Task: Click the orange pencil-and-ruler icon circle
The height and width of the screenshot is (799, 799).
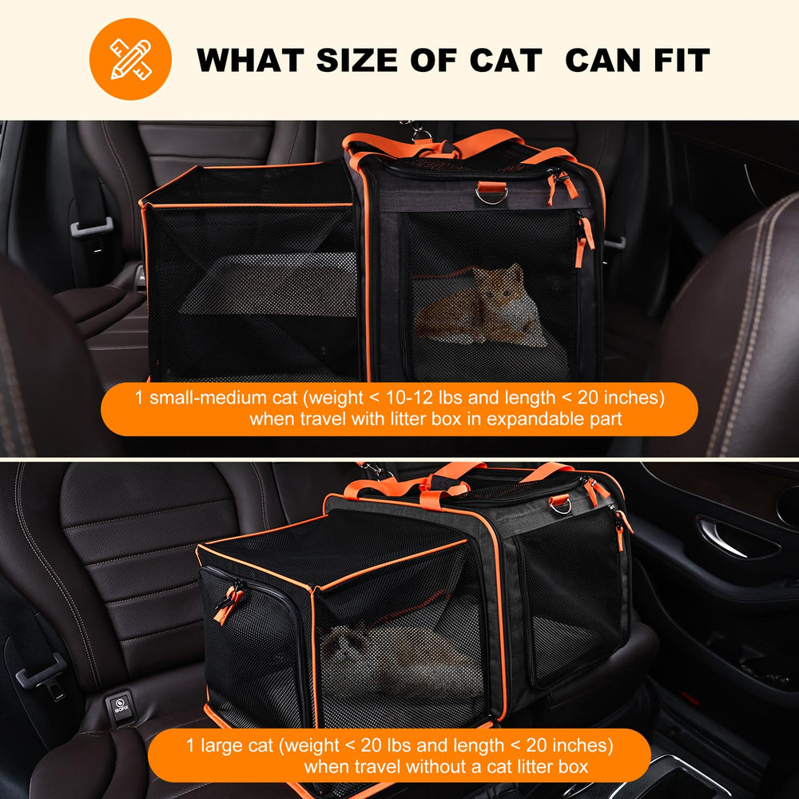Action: pyautogui.click(x=130, y=59)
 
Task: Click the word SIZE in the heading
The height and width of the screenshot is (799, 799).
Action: pyautogui.click(x=372, y=61)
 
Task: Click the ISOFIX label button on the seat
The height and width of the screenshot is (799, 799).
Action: pyautogui.click(x=119, y=708)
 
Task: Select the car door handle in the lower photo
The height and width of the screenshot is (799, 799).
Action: pyautogui.click(x=735, y=539)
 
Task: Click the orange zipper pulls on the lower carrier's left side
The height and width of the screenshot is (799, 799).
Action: pyautogui.click(x=228, y=604)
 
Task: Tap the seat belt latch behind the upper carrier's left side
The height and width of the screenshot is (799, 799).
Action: pyautogui.click(x=90, y=228)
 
